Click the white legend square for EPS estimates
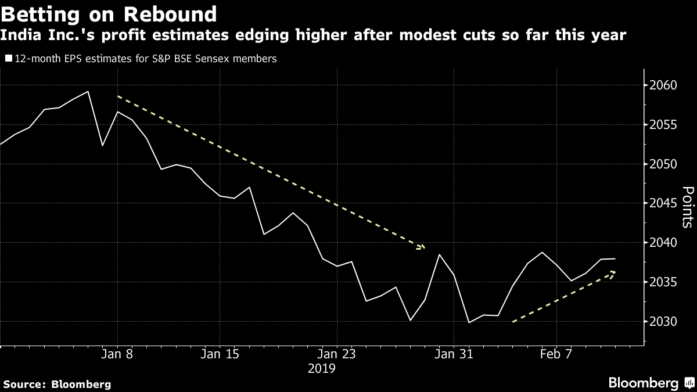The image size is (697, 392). pos(8,59)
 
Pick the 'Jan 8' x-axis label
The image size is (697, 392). pos(117,354)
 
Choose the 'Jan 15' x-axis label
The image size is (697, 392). pos(220,354)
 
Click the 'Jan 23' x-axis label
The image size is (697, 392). pos(337,354)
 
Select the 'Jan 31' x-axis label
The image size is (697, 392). pos(454,354)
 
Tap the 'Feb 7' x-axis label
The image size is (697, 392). pos(556,354)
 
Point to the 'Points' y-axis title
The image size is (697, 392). pos(687,207)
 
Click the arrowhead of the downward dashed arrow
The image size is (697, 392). pos(423,248)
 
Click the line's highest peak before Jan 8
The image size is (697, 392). pos(88,92)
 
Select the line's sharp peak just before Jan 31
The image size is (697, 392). pos(440,255)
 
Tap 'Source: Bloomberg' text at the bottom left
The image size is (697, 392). pos(57,384)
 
